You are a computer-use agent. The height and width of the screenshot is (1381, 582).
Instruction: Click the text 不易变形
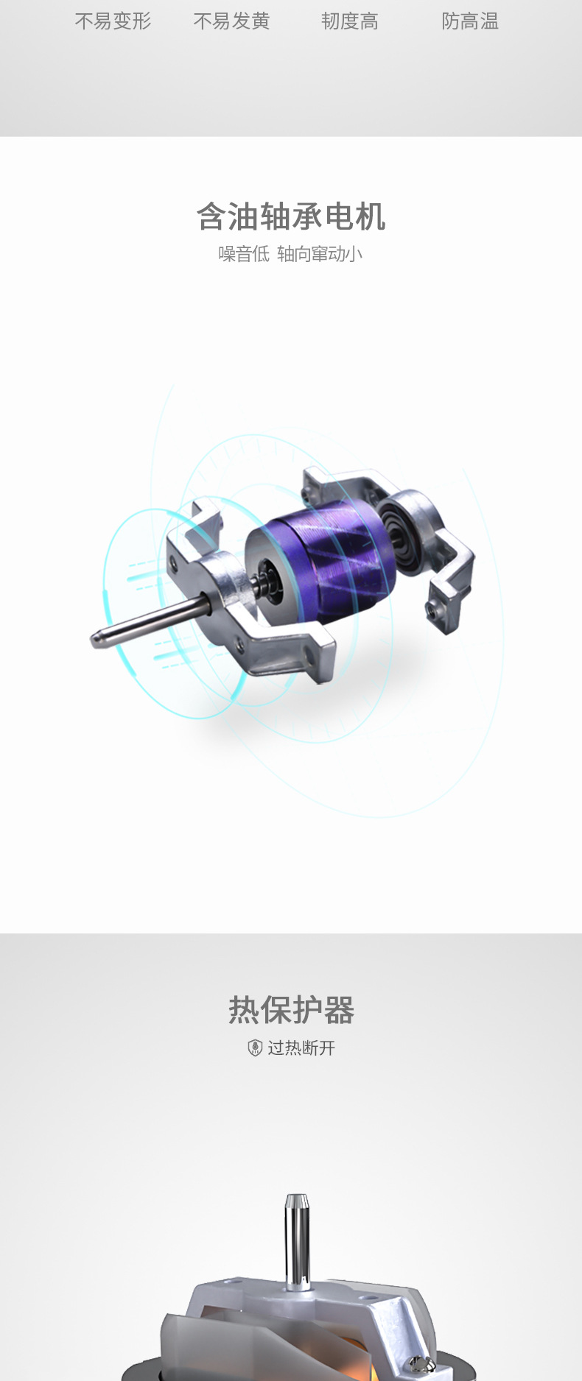pyautogui.click(x=113, y=21)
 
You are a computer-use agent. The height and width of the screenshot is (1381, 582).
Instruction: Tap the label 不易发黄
pyautogui.click(x=231, y=21)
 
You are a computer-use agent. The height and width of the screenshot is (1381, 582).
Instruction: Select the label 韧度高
pyautogui.click(x=350, y=21)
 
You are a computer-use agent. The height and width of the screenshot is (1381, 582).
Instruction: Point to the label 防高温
pyautogui.click(x=470, y=21)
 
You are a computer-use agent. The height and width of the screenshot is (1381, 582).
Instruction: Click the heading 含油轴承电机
pyautogui.click(x=291, y=216)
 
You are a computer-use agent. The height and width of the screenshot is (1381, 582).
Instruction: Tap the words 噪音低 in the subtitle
pyautogui.click(x=244, y=254)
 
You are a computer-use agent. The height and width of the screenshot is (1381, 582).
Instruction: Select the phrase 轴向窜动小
pyautogui.click(x=320, y=254)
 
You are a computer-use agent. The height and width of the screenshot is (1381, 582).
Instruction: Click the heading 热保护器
pyautogui.click(x=291, y=1009)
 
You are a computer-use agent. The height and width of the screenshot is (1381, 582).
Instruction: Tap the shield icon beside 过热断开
pyautogui.click(x=255, y=1048)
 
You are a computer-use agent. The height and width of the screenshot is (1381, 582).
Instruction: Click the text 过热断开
pyautogui.click(x=301, y=1048)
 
